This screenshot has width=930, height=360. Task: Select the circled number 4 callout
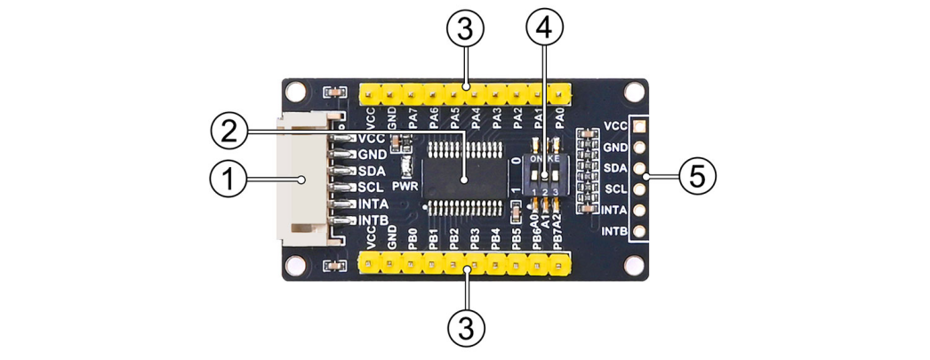pos(543,29)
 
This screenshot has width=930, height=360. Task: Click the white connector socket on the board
pos(303,181)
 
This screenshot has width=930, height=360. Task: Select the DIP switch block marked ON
pos(544,173)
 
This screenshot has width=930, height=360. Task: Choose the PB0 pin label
pos(412,240)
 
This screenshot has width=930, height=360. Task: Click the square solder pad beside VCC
pos(637,126)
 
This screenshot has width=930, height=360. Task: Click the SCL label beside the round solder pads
pos(614,189)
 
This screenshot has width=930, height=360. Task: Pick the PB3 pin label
pos(474,240)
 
